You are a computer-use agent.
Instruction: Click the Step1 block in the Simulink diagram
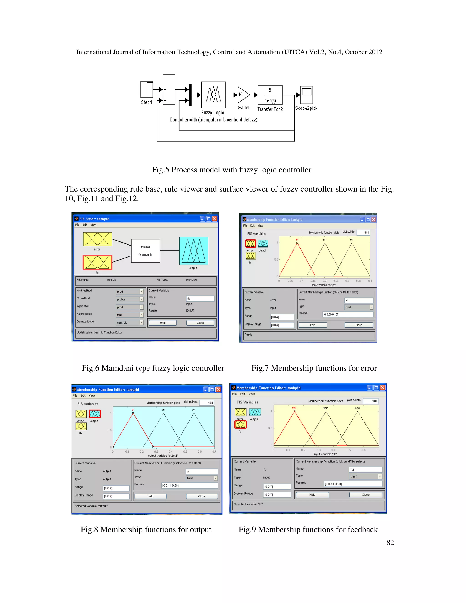(147, 89)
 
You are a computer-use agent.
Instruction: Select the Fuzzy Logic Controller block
(213, 95)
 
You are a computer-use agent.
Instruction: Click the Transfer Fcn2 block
(270, 95)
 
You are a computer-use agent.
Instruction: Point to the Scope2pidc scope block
(306, 95)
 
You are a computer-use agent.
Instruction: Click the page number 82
(390, 542)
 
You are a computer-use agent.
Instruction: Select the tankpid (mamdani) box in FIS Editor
(145, 251)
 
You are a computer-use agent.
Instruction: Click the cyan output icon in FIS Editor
(194, 251)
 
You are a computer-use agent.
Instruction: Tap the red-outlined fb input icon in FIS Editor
(97, 262)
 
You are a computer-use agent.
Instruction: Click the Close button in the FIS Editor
(200, 323)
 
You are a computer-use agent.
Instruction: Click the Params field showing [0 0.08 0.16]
(348, 314)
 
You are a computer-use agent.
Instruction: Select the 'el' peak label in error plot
(297, 239)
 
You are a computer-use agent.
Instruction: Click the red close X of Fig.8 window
(218, 389)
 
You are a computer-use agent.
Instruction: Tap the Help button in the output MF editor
(150, 496)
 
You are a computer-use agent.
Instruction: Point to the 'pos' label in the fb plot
(357, 408)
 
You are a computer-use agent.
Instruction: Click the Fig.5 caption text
(231, 170)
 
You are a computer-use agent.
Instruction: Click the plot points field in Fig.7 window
(363, 233)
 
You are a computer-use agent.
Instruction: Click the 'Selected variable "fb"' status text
(248, 504)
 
